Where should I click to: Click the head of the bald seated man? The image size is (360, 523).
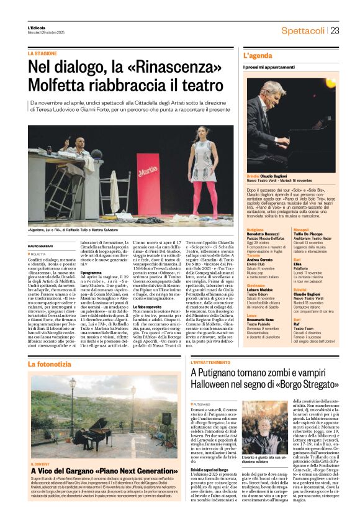79,141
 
